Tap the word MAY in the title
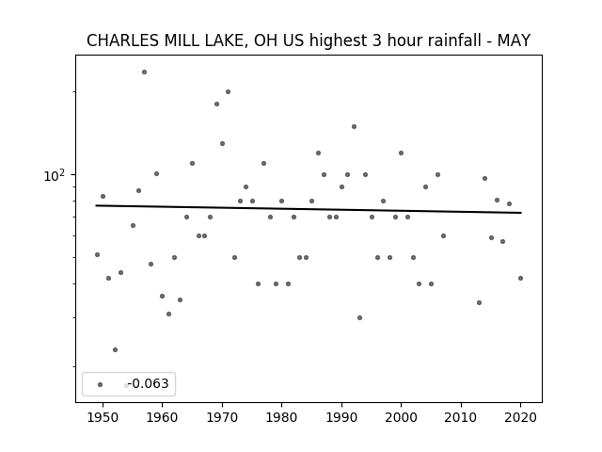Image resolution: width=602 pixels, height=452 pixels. pyautogui.click(x=515, y=40)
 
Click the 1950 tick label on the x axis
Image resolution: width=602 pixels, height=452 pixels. pyautogui.click(x=103, y=417)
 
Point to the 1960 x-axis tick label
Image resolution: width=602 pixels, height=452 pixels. pyautogui.click(x=162, y=417)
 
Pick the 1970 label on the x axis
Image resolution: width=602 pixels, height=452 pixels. pyautogui.click(x=222, y=417)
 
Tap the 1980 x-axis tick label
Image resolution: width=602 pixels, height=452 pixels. pyautogui.click(x=281, y=417)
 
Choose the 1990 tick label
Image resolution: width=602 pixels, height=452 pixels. pyautogui.click(x=341, y=417)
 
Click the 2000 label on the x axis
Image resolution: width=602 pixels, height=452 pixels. pyautogui.click(x=401, y=417)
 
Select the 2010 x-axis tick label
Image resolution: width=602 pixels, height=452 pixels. pyautogui.click(x=461, y=417)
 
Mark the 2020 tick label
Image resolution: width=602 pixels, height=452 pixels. pyautogui.click(x=520, y=417)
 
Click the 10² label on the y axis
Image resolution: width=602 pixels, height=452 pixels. pyautogui.click(x=55, y=175)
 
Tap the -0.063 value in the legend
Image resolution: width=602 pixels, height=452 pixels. pyautogui.click(x=149, y=383)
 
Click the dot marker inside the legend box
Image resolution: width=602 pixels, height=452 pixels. pyautogui.click(x=101, y=384)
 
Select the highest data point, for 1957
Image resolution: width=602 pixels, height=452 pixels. pyautogui.click(x=144, y=72)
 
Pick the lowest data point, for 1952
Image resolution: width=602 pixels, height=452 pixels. pyautogui.click(x=115, y=349)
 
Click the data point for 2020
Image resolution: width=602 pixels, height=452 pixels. pyautogui.click(x=520, y=279)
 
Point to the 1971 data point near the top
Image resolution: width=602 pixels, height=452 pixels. pyautogui.click(x=228, y=92)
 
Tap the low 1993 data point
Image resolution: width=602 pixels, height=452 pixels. pyautogui.click(x=359, y=318)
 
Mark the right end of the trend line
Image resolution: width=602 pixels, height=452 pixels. pyautogui.click(x=521, y=213)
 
